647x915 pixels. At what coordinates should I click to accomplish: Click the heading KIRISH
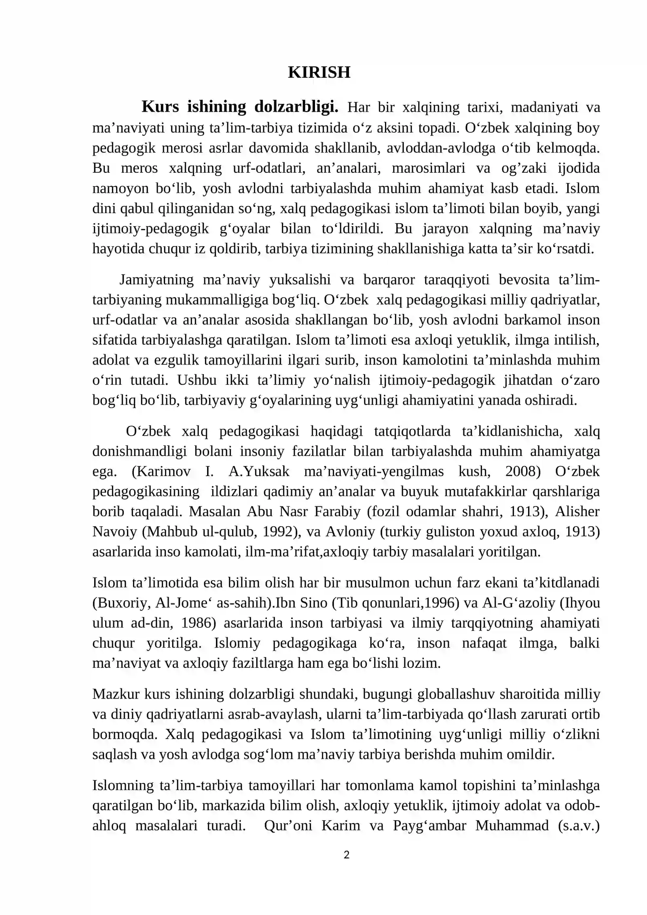319,72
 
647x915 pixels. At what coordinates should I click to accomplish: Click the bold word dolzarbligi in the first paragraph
296,107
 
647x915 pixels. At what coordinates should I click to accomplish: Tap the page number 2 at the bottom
346,855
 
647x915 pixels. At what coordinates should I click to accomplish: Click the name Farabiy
337,512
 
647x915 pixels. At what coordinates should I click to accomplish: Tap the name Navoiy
114,532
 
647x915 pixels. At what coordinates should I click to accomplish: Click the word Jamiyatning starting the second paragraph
156,280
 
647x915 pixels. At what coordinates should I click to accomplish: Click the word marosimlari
428,168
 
